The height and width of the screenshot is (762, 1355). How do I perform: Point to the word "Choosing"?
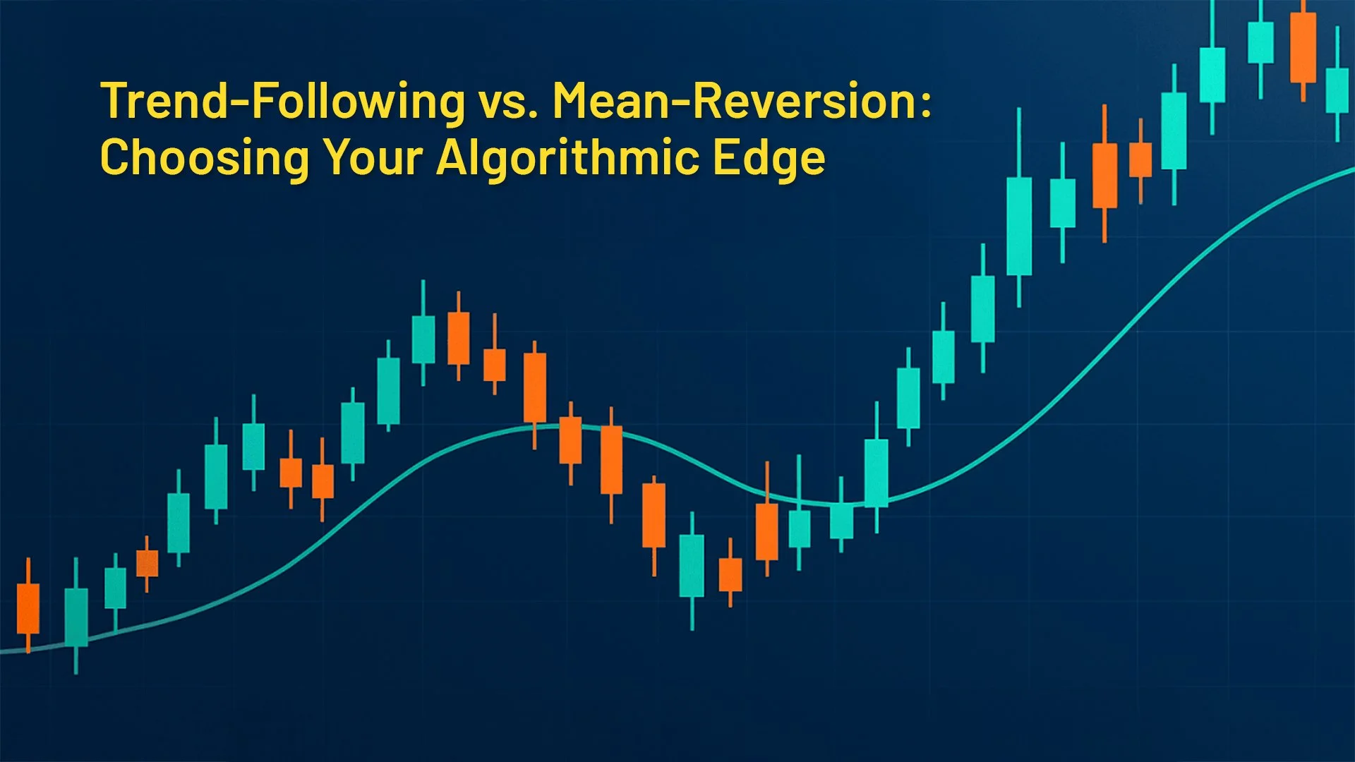coord(205,157)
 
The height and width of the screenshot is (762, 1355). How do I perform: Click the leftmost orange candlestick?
coord(28,608)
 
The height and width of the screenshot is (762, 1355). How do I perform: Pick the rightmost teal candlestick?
coord(1337,90)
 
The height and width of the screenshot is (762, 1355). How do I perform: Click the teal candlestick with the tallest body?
coord(1019,226)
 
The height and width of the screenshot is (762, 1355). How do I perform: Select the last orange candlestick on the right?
coord(1303,48)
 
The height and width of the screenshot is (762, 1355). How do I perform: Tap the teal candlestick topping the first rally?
coord(423,339)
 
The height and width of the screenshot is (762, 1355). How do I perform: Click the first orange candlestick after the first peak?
coord(459,339)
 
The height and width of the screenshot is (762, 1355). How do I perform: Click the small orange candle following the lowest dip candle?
coord(730,574)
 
